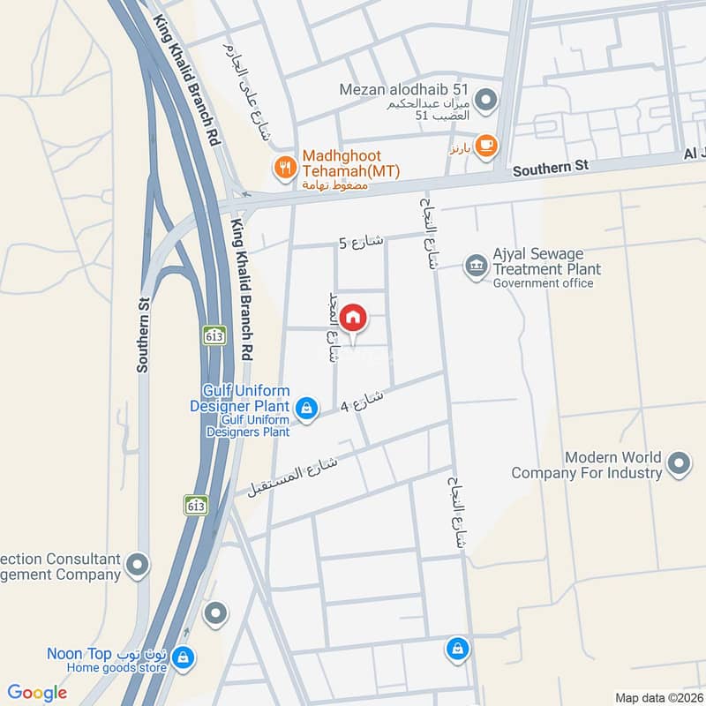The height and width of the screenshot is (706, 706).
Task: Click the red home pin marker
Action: [353, 318]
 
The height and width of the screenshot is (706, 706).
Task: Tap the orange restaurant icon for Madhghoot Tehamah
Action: [284, 165]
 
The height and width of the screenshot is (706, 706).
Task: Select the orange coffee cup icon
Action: [484, 144]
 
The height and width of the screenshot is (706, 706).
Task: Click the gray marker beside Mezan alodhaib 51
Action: [484, 98]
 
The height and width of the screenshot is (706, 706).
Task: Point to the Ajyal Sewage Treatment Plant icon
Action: [477, 265]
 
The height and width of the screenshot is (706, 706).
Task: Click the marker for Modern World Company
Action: [678, 462]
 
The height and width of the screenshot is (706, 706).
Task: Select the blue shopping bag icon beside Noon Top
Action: [183, 657]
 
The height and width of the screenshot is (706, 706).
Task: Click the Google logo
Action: [37, 693]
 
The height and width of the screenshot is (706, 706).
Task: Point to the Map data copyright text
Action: [657, 697]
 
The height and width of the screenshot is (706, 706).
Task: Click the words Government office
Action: [543, 283]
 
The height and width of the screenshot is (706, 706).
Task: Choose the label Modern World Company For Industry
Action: [612, 465]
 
